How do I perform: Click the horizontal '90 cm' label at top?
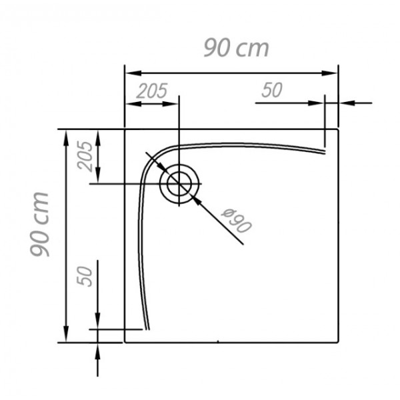click(236, 48)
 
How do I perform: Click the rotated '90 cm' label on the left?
click(39, 224)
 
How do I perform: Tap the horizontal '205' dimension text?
click(152, 91)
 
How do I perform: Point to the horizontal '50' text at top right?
click(272, 90)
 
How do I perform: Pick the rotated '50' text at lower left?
click(85, 277)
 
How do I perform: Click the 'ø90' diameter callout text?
click(237, 221)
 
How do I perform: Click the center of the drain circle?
click(179, 183)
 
